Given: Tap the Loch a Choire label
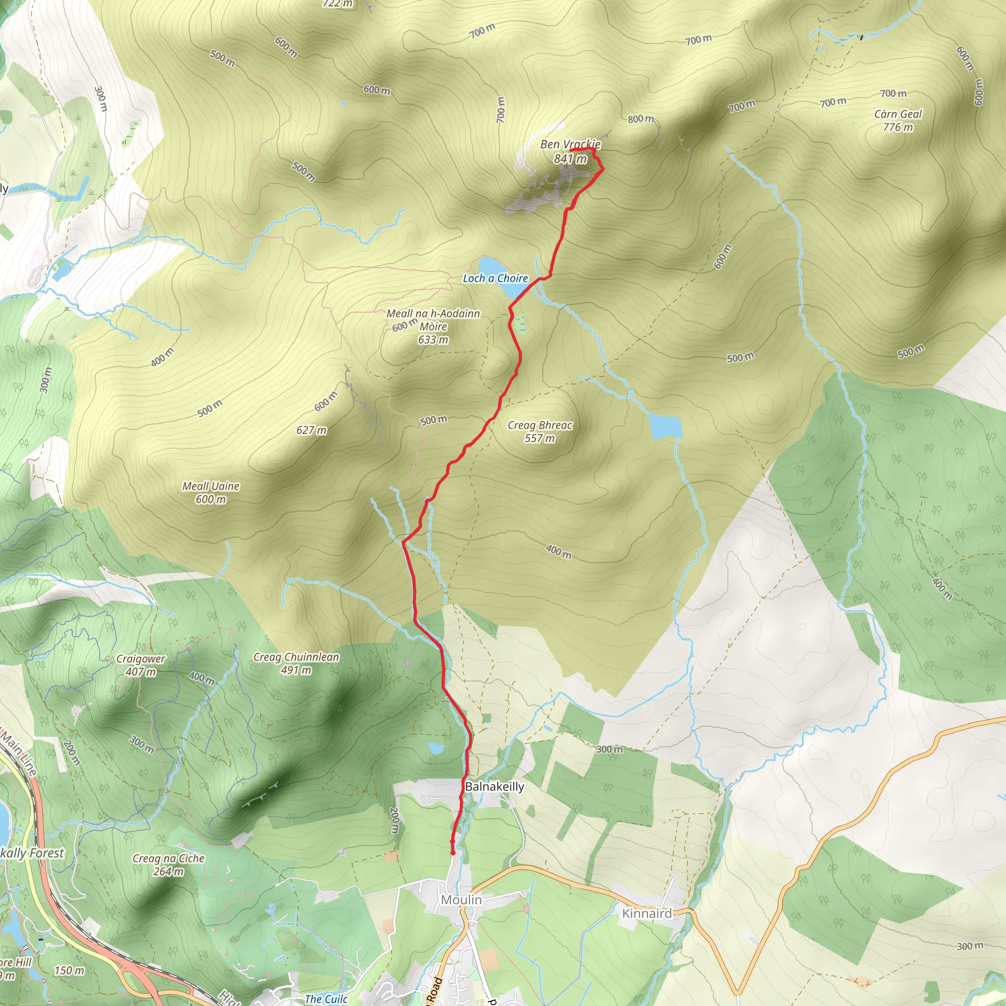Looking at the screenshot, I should (495, 278).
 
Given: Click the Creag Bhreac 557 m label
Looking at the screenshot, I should (540, 431).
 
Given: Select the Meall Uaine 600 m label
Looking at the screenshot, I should (211, 492).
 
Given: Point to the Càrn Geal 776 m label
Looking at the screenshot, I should (898, 120).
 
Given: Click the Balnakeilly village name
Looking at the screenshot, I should (494, 786).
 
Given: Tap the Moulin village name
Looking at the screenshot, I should (461, 899).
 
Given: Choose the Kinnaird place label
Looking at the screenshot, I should (647, 913).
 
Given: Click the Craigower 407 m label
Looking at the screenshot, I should (140, 665).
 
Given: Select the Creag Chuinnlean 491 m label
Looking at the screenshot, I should (296, 663).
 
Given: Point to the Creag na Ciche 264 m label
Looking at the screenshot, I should (168, 865).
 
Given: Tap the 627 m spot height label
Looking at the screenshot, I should (311, 430).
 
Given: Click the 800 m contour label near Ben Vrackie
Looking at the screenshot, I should (641, 119).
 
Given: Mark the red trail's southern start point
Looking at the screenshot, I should (452, 853).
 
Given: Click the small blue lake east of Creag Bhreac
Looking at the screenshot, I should (666, 426).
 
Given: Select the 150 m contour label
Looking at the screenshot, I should (69, 970).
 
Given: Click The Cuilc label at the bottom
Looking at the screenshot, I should (326, 999).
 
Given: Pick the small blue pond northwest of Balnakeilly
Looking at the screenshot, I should (436, 749).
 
